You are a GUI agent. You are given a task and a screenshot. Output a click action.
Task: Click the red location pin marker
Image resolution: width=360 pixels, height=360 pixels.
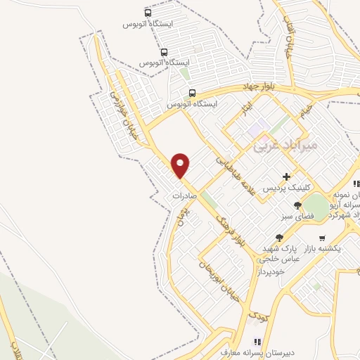pos(181,165)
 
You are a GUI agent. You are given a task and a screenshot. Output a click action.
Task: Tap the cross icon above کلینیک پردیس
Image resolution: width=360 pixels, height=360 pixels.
pos(285,176)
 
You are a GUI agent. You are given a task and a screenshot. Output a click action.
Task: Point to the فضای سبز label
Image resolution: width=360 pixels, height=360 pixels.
pos(297,217)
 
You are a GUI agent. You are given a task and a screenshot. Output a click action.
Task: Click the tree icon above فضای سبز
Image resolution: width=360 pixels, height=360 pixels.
pos(297,205)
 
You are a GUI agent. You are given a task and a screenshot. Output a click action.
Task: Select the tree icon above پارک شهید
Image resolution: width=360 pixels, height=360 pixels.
pos(279,238)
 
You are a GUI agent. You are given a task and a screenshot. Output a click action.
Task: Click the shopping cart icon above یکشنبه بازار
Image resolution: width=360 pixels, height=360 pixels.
pos(322,238)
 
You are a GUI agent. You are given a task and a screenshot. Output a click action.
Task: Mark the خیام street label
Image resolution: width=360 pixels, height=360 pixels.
pos(305,110)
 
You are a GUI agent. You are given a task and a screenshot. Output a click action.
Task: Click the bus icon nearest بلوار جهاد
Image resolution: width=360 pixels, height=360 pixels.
pos(192,92)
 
